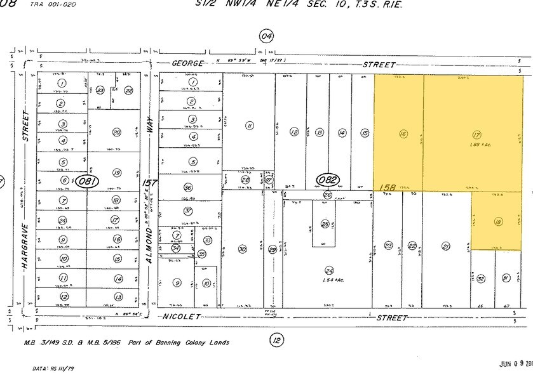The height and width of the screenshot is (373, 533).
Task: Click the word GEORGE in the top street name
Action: point(188,64)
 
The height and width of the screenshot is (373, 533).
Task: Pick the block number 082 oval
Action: point(328,180)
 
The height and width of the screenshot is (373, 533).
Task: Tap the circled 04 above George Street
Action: point(266,36)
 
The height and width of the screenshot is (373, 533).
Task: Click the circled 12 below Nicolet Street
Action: point(276,340)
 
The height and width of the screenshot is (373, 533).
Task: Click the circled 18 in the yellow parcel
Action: point(497,221)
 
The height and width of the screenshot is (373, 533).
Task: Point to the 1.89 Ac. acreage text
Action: point(476,145)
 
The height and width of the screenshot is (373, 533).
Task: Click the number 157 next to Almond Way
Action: point(149,183)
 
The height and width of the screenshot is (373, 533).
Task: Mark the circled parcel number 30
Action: point(242,249)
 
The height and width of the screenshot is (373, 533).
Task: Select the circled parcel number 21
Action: point(446,246)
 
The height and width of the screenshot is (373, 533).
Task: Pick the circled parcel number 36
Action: point(188,188)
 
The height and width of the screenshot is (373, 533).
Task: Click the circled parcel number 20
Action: point(116,132)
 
